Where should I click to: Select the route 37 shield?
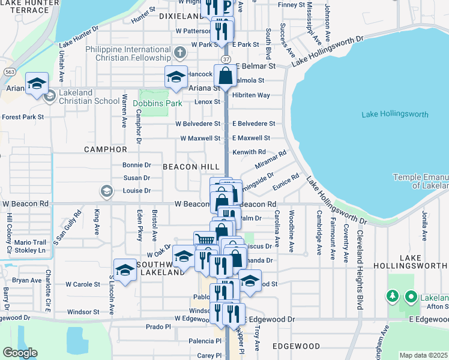pos(225,59)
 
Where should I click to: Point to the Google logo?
pos(20,352)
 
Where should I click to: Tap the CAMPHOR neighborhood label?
pos(106,149)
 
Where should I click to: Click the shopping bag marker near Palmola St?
pos(226,76)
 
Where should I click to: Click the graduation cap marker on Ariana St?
pos(176,77)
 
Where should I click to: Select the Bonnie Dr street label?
pos(136,165)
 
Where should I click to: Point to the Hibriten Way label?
pos(251,95)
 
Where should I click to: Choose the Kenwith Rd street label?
pos(249,152)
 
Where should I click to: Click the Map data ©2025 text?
pos(424,355)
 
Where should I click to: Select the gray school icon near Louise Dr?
pos(106,191)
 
